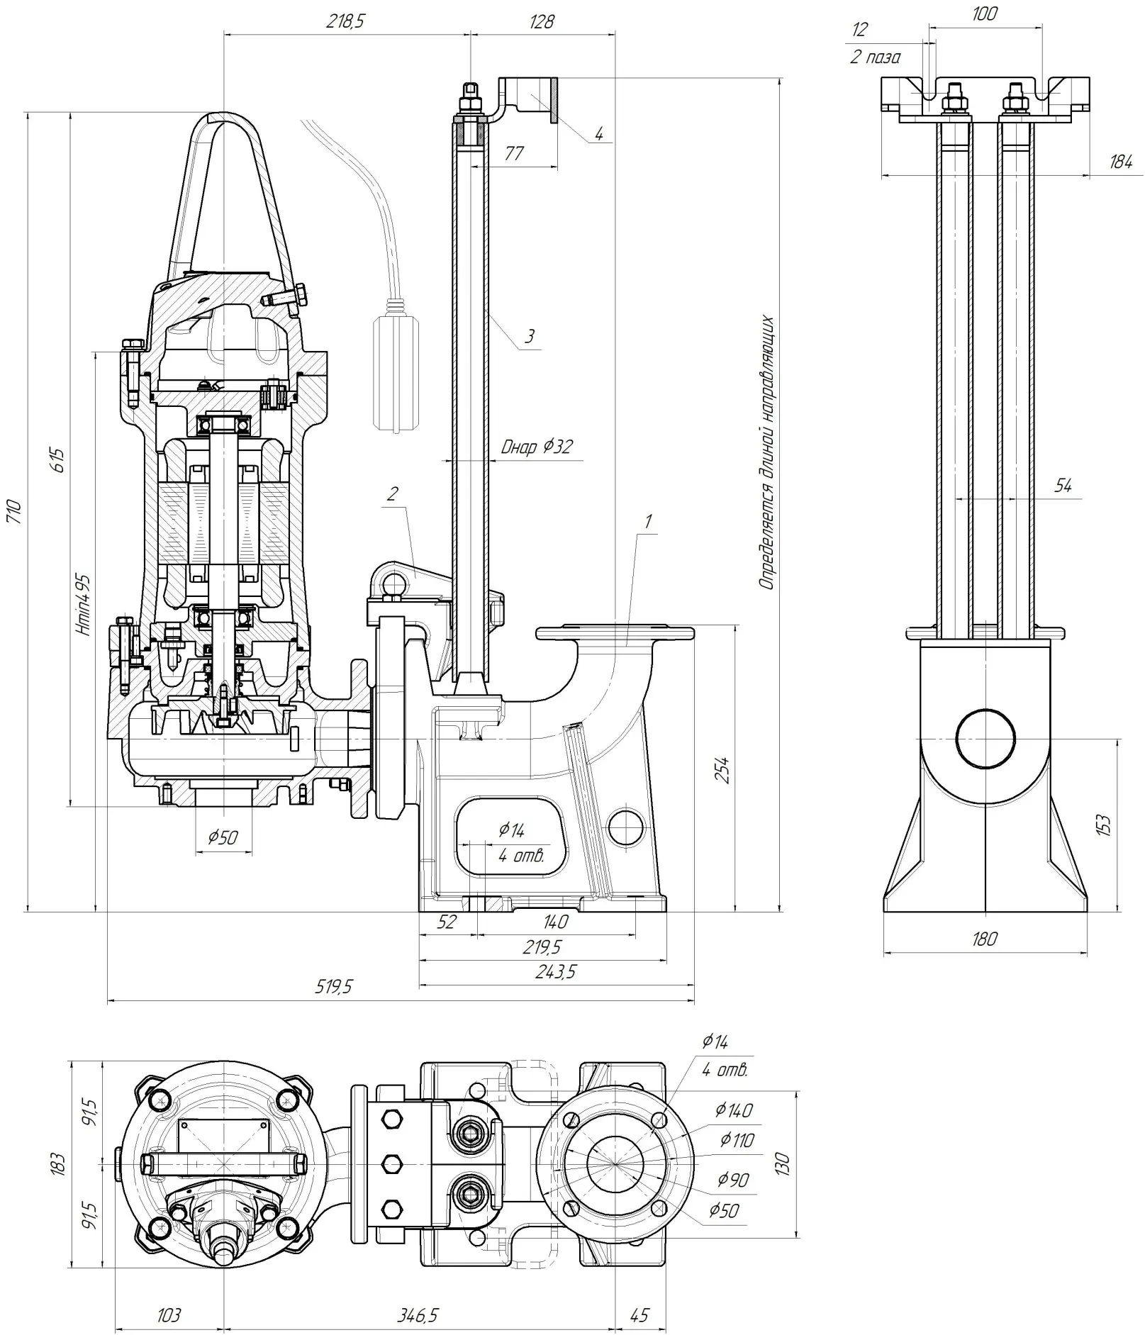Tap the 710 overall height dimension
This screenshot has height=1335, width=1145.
[14, 510]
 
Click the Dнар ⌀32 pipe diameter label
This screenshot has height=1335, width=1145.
[536, 447]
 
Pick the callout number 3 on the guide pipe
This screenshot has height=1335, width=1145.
[530, 335]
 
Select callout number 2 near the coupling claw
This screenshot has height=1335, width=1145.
[392, 493]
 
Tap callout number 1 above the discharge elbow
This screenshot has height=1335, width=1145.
[647, 521]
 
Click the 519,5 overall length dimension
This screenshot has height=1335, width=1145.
[333, 987]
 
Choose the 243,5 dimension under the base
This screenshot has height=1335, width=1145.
[555, 971]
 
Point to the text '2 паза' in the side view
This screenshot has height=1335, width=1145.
[875, 57]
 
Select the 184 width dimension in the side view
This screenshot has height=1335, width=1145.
[1120, 162]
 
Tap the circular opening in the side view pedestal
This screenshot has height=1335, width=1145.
[985, 738]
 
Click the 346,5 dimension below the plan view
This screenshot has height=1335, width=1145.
[417, 1315]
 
